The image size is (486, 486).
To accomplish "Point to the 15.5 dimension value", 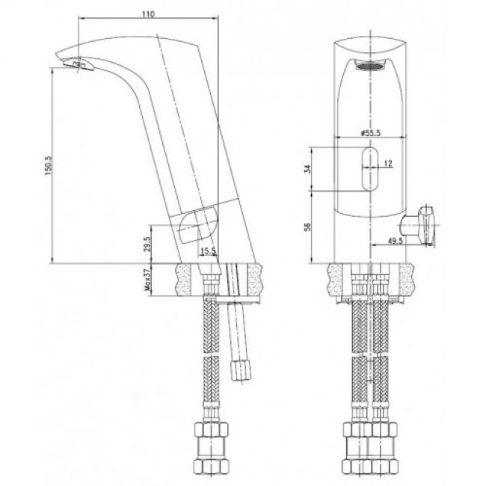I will [x=208, y=251].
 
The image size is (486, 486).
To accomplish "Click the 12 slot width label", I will [x=388, y=163].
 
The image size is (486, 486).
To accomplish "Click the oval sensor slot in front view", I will [x=369, y=171].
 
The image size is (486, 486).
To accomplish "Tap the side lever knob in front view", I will [x=422, y=222].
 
